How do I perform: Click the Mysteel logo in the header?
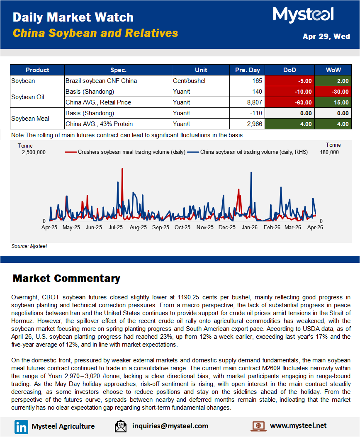click(x=303, y=15)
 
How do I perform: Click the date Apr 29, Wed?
click(x=326, y=36)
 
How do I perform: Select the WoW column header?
click(x=333, y=70)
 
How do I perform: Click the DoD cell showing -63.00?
click(x=289, y=102)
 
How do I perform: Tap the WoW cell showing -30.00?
click(x=333, y=92)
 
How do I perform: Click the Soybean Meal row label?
click(x=30, y=118)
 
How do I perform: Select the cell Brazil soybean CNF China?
click(x=101, y=81)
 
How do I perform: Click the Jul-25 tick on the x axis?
click(x=116, y=227)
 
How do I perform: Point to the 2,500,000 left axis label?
click(x=34, y=152)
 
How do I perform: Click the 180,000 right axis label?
click(x=329, y=152)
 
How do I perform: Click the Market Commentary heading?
click(x=66, y=278)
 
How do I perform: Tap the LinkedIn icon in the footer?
click(x=21, y=426)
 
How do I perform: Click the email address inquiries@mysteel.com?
click(x=170, y=426)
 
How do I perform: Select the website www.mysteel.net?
click(x=298, y=425)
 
